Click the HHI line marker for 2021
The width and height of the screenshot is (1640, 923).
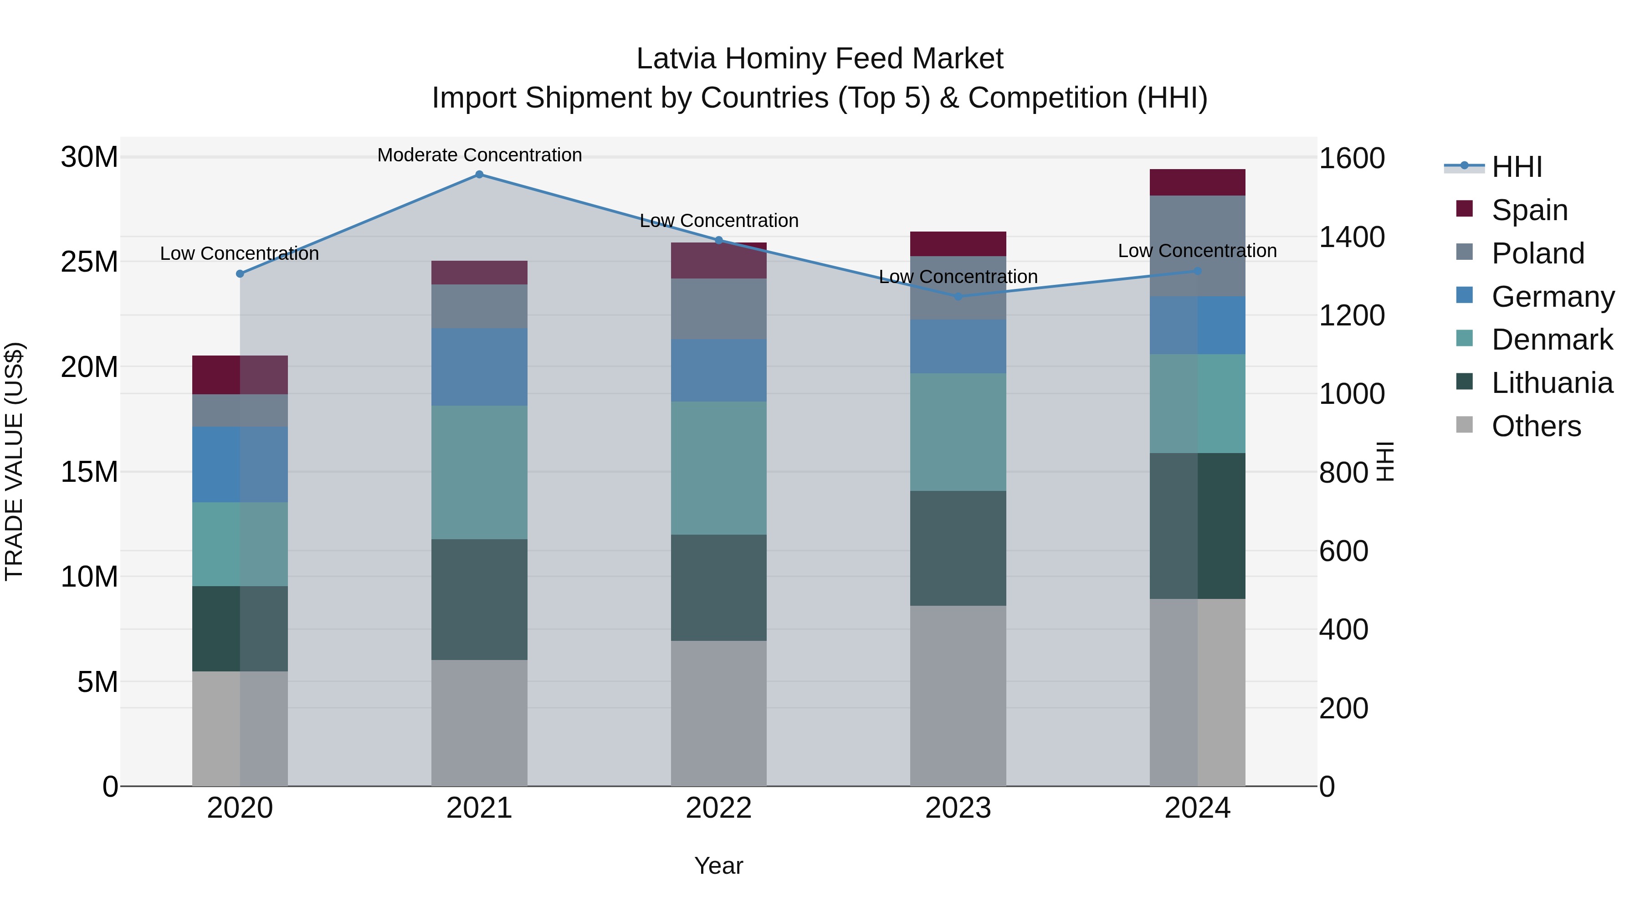pyautogui.click(x=479, y=175)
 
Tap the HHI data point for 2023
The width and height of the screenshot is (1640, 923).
pyautogui.click(x=958, y=296)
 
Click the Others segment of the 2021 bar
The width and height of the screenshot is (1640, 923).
pyautogui.click(x=479, y=722)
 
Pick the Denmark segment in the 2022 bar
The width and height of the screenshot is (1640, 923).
pyautogui.click(x=719, y=468)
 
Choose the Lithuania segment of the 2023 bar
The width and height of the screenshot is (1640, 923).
pyautogui.click(x=958, y=548)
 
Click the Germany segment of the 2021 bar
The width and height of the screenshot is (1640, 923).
pyautogui.click(x=479, y=367)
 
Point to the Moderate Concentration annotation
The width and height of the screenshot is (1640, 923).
pyautogui.click(x=479, y=155)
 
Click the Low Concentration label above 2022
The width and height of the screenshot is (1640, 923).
pyautogui.click(x=719, y=221)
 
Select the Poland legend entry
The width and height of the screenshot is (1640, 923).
pyautogui.click(x=1537, y=253)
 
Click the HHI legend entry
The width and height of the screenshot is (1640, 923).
pyautogui.click(x=1517, y=167)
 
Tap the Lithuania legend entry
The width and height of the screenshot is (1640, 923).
pyautogui.click(x=1552, y=383)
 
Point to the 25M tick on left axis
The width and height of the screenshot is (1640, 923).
pyautogui.click(x=89, y=262)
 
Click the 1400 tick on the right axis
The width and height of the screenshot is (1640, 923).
pyautogui.click(x=1351, y=237)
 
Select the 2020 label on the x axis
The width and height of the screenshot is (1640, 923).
pyautogui.click(x=240, y=808)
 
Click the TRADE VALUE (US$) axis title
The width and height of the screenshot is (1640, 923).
pyautogui.click(x=15, y=461)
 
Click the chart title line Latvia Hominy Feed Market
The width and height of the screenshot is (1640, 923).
pyautogui.click(x=820, y=59)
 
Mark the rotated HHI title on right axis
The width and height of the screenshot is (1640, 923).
pyautogui.click(x=1385, y=461)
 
